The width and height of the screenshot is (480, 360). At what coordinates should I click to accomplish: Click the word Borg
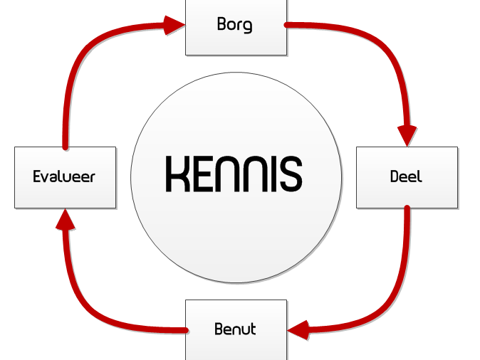point(235,25)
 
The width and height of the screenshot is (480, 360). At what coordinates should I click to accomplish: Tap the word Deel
point(406,176)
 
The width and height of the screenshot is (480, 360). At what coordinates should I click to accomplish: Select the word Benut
point(235,329)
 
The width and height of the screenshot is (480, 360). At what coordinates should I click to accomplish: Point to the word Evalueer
point(64,176)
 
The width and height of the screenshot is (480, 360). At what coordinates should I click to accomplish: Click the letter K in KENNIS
point(178,174)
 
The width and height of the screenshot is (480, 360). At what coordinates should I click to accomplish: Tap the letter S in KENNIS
point(291,174)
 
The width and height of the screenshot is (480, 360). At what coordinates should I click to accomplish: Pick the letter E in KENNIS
point(202,174)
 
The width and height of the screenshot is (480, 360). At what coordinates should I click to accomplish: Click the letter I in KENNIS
point(273,174)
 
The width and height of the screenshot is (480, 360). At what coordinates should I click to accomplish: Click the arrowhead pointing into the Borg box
point(174,25)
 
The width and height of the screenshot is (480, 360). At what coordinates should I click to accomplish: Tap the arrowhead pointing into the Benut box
point(298,330)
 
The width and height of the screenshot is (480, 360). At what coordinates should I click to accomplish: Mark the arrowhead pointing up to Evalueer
point(66,219)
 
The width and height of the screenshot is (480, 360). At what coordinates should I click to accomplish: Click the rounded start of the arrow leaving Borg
point(286,25)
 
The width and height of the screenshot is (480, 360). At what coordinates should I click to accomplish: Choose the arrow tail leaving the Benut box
point(185,330)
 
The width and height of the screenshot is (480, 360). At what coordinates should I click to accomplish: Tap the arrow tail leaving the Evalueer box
point(66,147)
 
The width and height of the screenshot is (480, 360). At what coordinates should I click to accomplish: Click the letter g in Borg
point(248,26)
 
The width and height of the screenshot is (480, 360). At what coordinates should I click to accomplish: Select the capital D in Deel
point(395,176)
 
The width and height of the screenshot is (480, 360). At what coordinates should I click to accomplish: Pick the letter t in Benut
point(253,329)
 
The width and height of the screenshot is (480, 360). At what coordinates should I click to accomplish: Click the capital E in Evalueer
point(37,176)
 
